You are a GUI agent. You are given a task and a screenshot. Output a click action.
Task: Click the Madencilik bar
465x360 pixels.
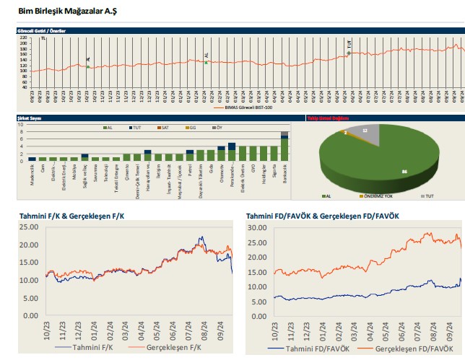click(32, 159)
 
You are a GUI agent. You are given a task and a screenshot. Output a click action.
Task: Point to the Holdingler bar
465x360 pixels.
click(264, 153)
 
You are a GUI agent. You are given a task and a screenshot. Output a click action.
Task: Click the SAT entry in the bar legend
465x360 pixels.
click(165, 127)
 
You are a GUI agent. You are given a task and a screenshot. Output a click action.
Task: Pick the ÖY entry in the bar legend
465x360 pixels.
click(217, 127)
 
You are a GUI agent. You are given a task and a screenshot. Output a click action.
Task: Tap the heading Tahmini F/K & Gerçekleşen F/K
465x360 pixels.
click(71, 216)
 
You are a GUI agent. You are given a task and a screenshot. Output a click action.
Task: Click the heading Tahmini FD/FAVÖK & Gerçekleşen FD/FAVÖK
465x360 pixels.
click(322, 216)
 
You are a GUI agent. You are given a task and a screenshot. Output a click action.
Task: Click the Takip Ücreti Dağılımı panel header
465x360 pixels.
click(328, 117)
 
